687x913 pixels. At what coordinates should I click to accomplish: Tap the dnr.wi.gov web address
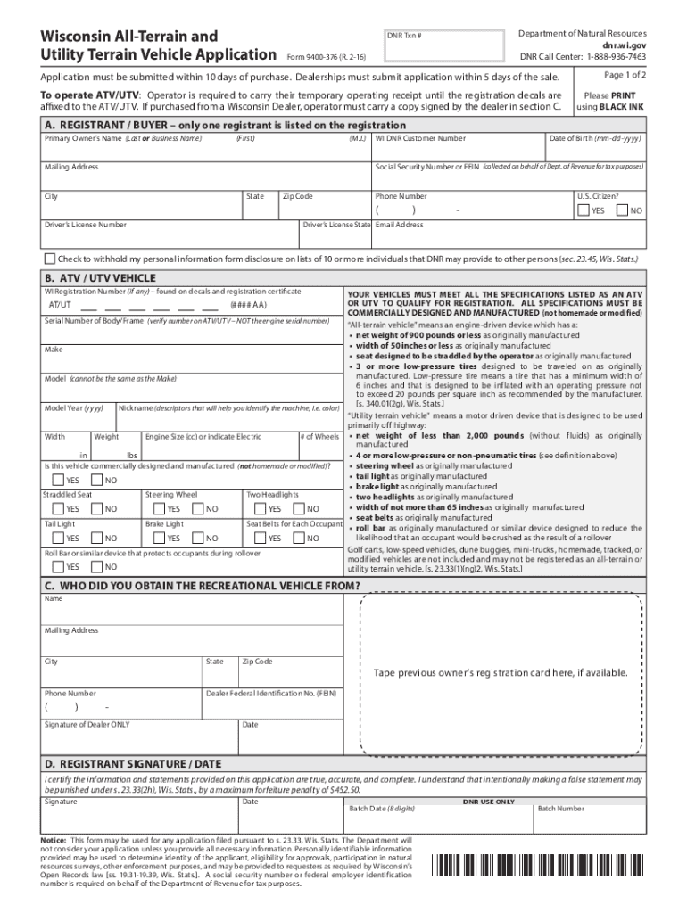[624, 43]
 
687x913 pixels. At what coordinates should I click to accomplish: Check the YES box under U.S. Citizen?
[584, 210]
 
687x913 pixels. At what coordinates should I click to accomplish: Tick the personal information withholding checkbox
[50, 259]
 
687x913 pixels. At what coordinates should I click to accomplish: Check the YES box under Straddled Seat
[58, 509]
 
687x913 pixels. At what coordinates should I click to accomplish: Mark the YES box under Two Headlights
[261, 509]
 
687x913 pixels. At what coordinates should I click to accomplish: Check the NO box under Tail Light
[99, 539]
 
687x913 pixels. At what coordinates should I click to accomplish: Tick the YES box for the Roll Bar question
[58, 567]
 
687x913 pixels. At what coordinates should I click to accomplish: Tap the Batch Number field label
[560, 809]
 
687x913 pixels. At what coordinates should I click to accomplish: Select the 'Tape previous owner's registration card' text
[501, 672]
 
